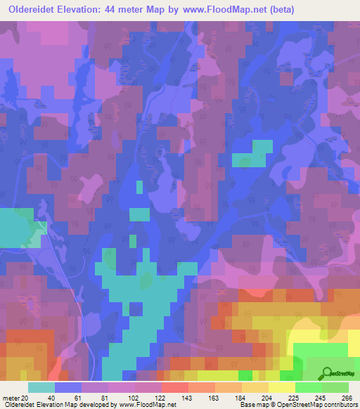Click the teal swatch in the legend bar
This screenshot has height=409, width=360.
pyautogui.click(x=41, y=387)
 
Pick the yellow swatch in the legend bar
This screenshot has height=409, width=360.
pyautogui.click(x=281, y=387)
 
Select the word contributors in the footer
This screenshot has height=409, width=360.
pyautogui.click(x=339, y=404)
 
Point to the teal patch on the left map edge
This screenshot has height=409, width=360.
pyautogui.click(x=20, y=227)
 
